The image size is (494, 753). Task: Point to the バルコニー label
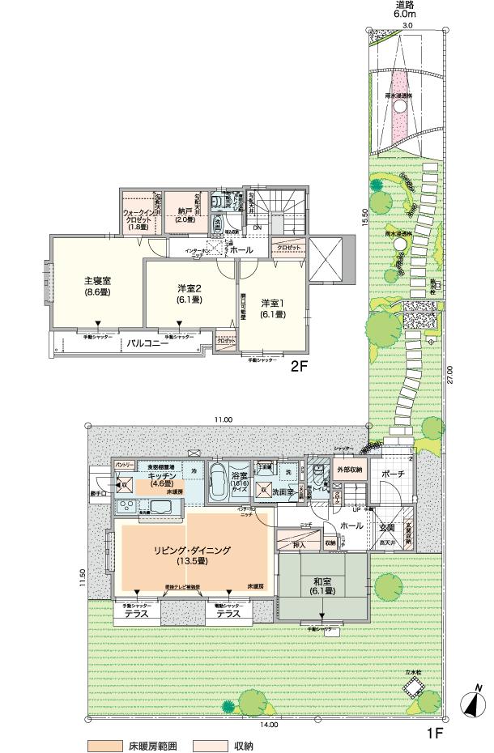point(146,343)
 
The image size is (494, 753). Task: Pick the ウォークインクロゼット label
point(138,219)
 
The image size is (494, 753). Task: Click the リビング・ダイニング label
point(193,555)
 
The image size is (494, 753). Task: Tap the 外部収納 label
point(348,470)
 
